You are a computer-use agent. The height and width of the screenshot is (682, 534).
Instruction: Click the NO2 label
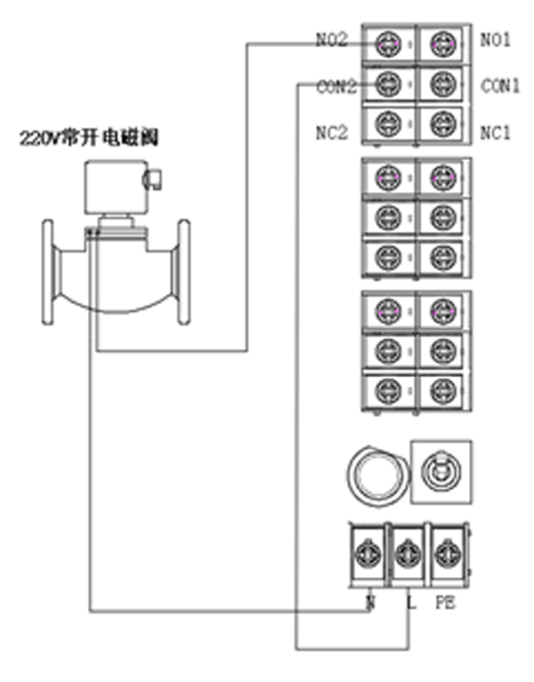[332, 40]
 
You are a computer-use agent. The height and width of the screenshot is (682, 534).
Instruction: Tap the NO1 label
[496, 40]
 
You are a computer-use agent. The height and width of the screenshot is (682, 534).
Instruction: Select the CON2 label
[336, 86]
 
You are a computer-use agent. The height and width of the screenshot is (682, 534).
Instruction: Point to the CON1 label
[500, 86]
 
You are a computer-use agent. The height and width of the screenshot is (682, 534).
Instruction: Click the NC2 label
[332, 132]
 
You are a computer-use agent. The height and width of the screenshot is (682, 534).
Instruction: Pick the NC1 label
[496, 132]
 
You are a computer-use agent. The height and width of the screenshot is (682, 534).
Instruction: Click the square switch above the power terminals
[440, 470]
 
